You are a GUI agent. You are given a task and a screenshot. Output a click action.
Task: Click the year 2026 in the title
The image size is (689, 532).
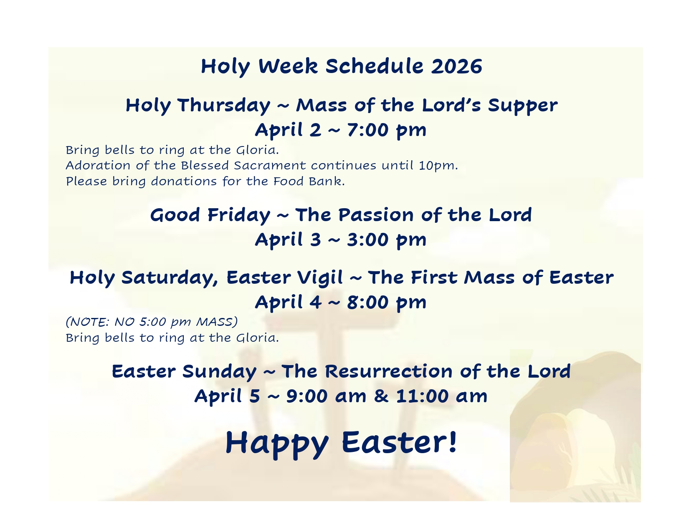point(456,66)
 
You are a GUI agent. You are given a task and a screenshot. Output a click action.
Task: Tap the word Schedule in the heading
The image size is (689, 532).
point(375,66)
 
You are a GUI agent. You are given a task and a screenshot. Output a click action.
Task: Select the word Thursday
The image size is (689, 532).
point(224,106)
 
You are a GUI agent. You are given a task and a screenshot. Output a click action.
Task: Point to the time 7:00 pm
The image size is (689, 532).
point(387,130)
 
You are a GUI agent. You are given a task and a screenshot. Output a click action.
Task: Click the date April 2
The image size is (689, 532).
point(288,130)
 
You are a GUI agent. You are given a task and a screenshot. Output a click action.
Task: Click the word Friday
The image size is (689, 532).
point(239,215)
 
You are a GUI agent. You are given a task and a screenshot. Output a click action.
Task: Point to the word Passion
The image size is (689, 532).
point(376,215)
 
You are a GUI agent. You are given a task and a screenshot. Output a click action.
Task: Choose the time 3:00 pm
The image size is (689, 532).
point(387,240)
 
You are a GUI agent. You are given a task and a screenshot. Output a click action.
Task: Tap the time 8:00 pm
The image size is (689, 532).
point(387,303)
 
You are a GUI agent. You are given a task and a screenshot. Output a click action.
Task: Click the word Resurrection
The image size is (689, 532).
point(389,371)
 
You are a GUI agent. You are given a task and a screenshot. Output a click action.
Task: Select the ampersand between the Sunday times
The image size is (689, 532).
point(381,396)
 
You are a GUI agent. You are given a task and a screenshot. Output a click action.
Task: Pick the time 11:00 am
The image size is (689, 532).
point(442,396)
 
